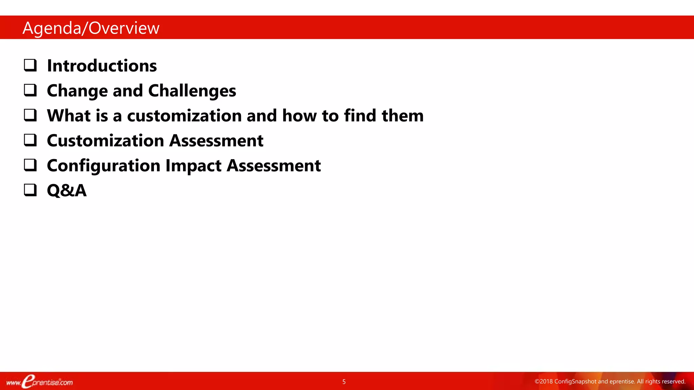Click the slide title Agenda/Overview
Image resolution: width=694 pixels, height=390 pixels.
coord(91,28)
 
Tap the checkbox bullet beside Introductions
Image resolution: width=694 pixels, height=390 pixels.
coord(30,65)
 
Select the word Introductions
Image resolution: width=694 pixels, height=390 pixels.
coord(102,66)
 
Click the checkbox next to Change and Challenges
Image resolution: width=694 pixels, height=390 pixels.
coord(30,90)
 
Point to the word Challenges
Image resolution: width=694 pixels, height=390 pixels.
coord(192,91)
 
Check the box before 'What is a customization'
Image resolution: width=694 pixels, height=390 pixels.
coord(30,115)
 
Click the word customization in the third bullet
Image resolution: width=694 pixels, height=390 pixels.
coord(184,116)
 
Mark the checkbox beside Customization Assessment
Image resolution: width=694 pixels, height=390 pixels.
coord(30,140)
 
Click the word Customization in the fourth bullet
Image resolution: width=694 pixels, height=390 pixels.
coord(105,141)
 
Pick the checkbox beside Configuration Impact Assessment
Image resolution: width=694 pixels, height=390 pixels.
coord(30,165)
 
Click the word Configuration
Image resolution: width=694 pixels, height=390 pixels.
coord(103,166)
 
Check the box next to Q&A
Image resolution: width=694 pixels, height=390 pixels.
coord(30,190)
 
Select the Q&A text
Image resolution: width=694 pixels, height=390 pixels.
coord(67,191)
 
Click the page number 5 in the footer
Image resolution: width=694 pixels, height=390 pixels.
coord(344,382)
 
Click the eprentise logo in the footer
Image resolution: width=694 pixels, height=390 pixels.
coord(39,382)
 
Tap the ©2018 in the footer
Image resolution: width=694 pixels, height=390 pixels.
coord(544,382)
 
